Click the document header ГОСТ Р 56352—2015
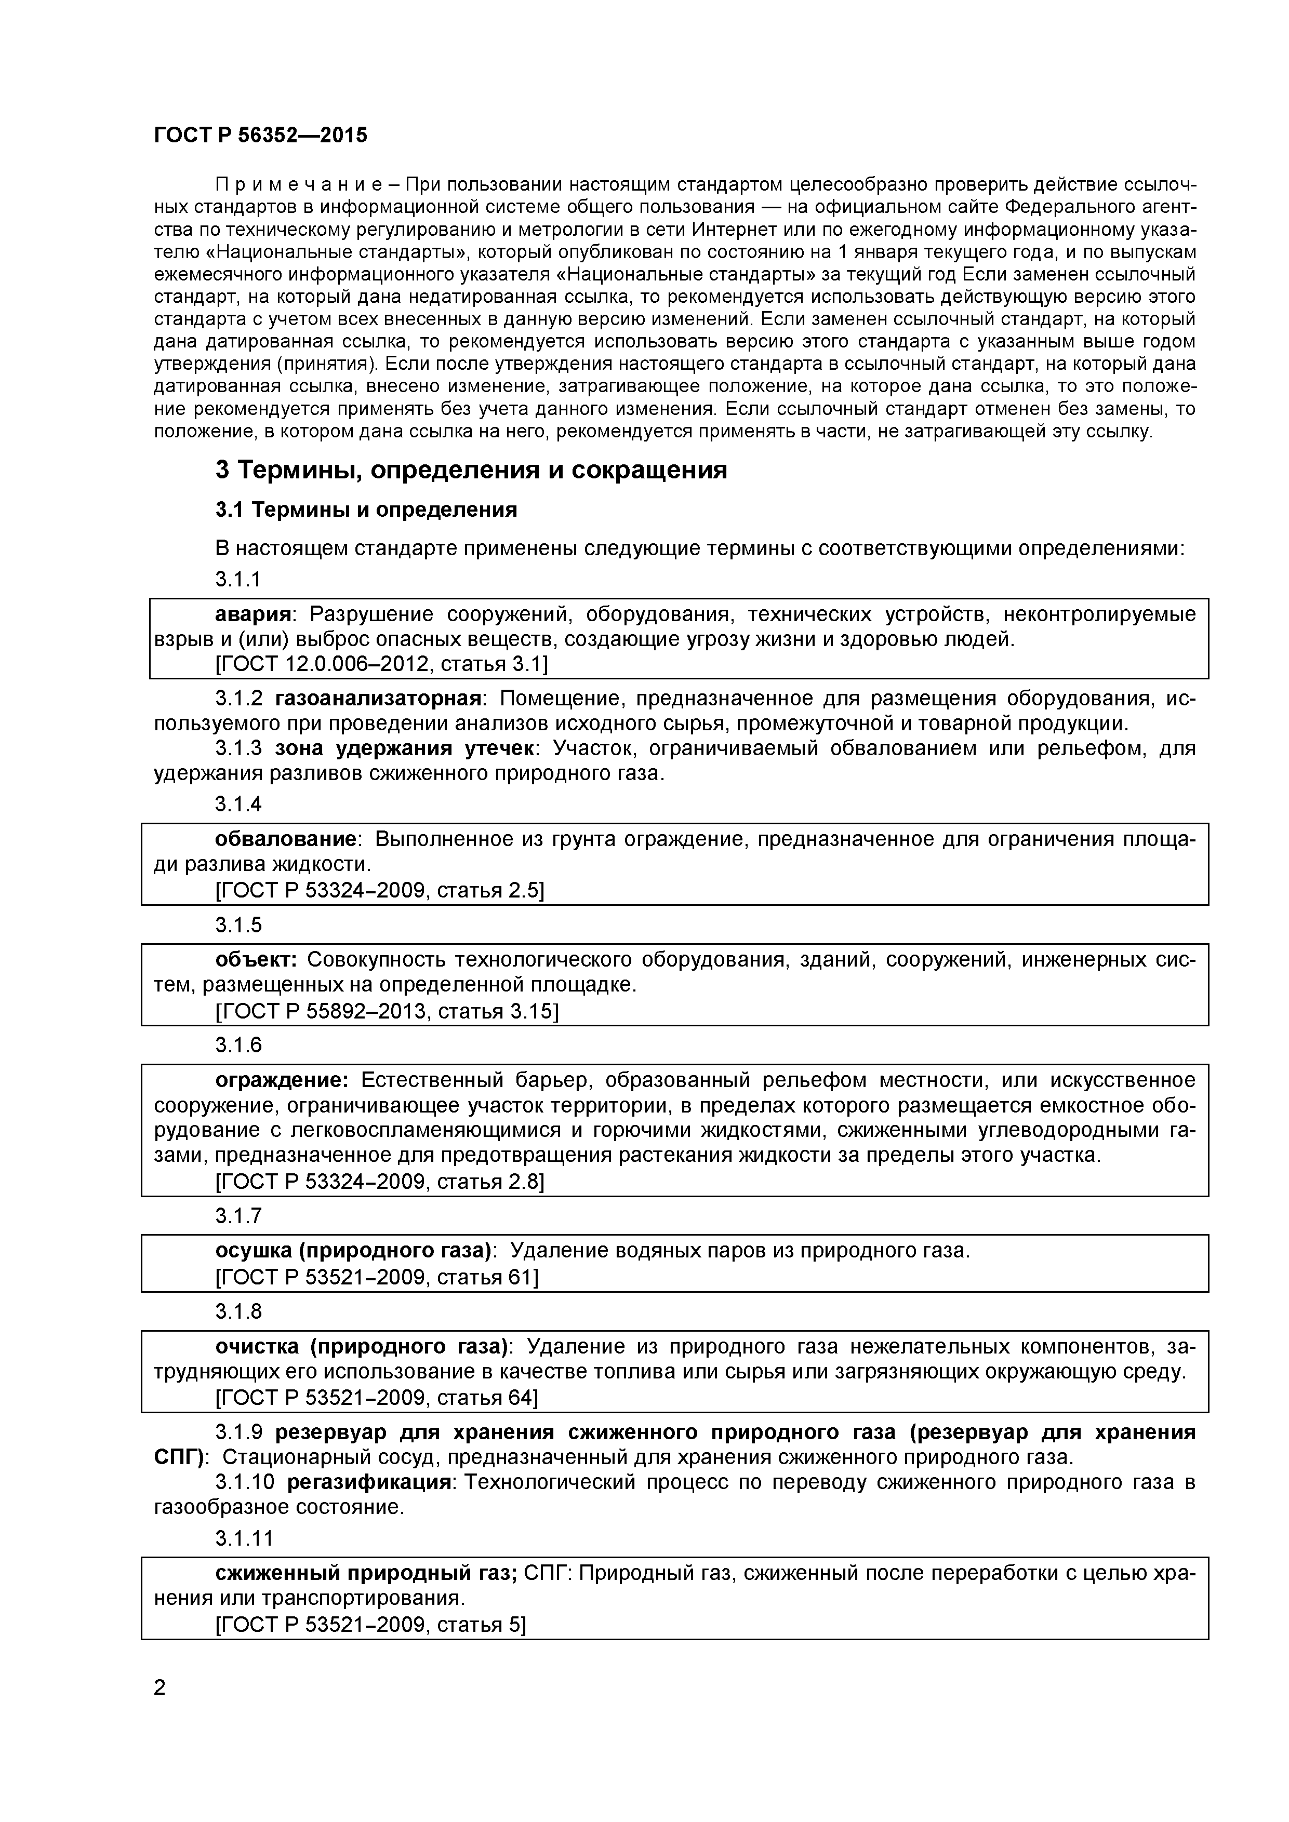click(x=260, y=136)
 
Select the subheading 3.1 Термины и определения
click(x=366, y=510)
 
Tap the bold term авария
click(x=253, y=614)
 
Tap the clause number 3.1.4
click(x=238, y=805)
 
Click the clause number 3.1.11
click(x=244, y=1539)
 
